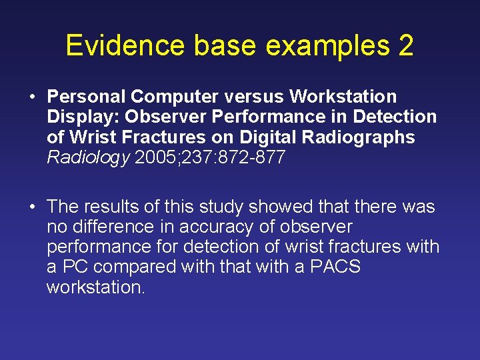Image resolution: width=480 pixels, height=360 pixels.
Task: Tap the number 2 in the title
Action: point(405,45)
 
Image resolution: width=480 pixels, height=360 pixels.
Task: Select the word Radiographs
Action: point(361,138)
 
